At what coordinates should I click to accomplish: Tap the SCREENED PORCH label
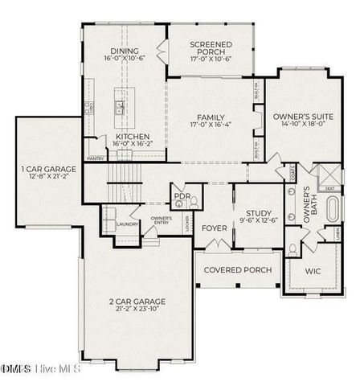click(210, 46)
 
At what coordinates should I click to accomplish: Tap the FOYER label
click(214, 228)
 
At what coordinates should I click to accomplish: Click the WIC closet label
click(313, 271)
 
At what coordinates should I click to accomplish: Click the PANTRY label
click(96, 158)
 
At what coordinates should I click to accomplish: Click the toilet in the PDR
click(185, 206)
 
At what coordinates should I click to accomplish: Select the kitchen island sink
click(120, 108)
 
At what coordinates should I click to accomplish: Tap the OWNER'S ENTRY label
click(161, 218)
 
